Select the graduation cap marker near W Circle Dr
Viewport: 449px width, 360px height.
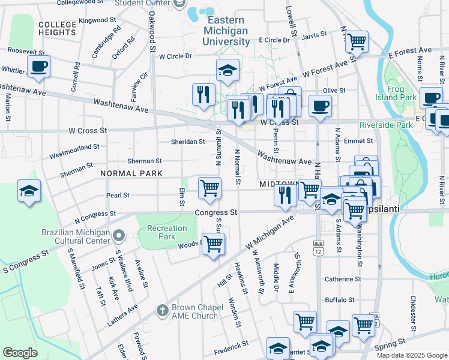228,70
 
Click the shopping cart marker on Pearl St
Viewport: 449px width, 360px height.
209,187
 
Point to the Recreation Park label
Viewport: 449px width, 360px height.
167,233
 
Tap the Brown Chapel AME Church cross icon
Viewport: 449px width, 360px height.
161,310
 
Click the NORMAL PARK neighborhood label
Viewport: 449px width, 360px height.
131,173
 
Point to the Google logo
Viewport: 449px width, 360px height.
20,353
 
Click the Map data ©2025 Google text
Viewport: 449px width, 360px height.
411,355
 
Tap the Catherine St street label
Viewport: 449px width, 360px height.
343,279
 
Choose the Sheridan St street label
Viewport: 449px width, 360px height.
188,142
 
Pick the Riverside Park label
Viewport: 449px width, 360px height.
386,125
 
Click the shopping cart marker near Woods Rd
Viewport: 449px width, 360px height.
213,244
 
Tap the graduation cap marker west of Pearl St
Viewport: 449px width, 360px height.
29,191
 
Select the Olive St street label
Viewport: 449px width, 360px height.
334,91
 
